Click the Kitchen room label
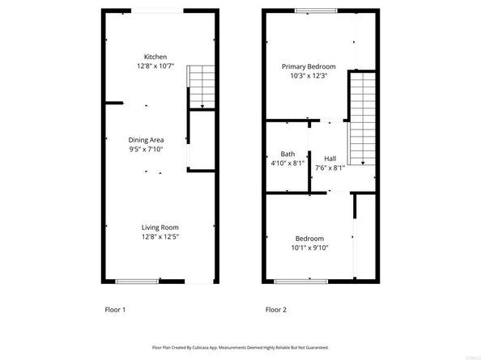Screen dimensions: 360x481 pos(155,57)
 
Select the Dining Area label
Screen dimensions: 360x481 pos(146,140)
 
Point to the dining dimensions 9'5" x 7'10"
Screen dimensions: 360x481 pos(146,149)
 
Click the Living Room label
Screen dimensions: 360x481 pos(159,227)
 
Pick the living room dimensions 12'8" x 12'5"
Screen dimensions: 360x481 pos(159,236)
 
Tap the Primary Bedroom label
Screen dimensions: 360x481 pos(309,66)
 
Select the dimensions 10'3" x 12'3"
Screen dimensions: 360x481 pos(309,75)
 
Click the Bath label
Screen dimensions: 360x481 pos(287,154)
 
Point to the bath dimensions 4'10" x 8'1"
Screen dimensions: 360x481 pos(287,163)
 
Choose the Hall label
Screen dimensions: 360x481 pos(330,159)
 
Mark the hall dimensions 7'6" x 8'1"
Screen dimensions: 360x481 pos(330,167)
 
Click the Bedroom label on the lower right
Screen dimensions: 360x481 pos(309,239)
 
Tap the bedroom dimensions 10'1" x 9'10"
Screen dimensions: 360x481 pos(309,248)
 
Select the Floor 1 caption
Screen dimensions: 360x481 pos(115,310)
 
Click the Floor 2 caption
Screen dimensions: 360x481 pos(276,310)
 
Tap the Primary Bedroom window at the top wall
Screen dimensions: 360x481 pos(310,11)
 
